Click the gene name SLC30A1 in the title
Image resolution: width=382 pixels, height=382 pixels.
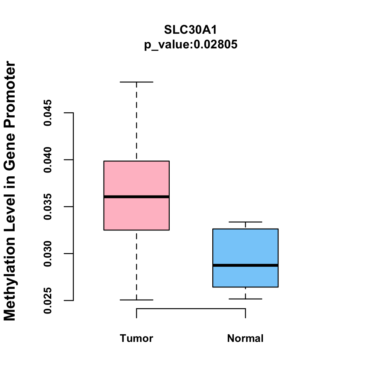pyautogui.click(x=191, y=30)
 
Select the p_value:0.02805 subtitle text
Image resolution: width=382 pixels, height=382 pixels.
pyautogui.click(x=191, y=45)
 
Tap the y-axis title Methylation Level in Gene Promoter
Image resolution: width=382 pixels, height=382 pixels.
pyautogui.click(x=10, y=191)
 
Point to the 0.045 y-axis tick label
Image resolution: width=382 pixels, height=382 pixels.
pyautogui.click(x=48, y=113)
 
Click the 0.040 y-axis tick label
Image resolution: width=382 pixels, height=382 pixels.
pyautogui.click(x=48, y=160)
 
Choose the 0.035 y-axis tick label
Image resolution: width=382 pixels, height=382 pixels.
pyautogui.click(x=48, y=207)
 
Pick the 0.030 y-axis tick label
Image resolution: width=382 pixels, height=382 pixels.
pyautogui.click(x=48, y=254)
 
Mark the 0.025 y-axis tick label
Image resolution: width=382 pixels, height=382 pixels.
pyautogui.click(x=48, y=301)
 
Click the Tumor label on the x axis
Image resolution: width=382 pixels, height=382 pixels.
pyautogui.click(x=137, y=338)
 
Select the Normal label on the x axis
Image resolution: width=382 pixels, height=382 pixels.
pyautogui.click(x=245, y=338)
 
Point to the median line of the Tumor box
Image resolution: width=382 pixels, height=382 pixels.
pyautogui.click(x=137, y=197)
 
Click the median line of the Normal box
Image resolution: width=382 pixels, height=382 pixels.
pyautogui.click(x=245, y=265)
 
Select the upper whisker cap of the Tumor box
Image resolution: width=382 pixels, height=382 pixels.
pyautogui.click(x=137, y=82)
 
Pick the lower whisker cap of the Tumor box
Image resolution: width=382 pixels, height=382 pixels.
pyautogui.click(x=137, y=300)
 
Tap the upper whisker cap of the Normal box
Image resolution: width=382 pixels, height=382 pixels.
pyautogui.click(x=245, y=222)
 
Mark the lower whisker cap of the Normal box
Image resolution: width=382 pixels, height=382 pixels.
pyautogui.click(x=245, y=299)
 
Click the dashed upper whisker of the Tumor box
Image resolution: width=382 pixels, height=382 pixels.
pyautogui.click(x=137, y=121)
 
